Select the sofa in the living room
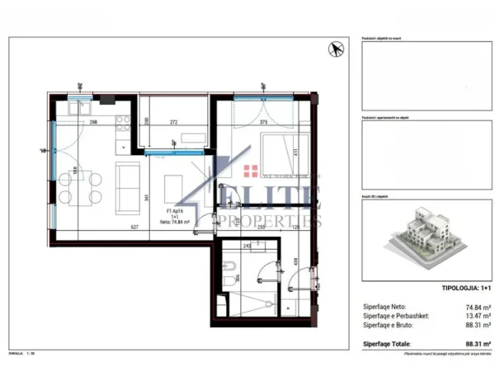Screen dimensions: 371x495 tap(129, 186)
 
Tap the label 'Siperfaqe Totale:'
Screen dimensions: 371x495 tap(388, 344)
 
